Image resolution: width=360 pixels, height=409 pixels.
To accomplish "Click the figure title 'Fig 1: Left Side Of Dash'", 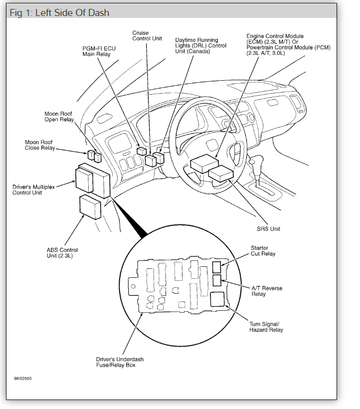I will click(59, 12).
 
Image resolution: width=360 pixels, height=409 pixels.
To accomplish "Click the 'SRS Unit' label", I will click(268, 229).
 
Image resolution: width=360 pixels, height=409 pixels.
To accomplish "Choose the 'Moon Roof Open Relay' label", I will click(59, 117).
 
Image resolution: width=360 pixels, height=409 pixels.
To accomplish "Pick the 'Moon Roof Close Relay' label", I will click(39, 145).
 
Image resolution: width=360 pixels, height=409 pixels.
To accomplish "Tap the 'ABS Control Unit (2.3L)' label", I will click(62, 253).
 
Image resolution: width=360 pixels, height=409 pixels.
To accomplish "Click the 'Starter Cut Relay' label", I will click(262, 251).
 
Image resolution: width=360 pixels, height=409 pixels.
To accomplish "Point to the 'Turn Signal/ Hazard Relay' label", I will click(266, 327).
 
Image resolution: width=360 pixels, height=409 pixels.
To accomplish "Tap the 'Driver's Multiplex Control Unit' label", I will click(34, 190).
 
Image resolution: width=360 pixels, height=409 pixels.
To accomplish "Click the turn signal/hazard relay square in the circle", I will click(217, 299).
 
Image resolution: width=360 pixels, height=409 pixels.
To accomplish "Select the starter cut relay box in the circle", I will click(217, 266).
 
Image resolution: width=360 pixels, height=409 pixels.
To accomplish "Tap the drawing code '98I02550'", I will click(23, 378).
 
